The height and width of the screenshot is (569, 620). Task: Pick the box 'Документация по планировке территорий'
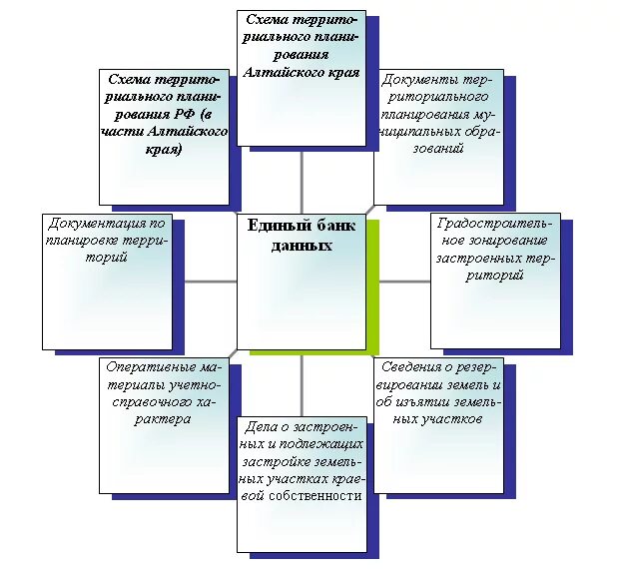click(x=105, y=281)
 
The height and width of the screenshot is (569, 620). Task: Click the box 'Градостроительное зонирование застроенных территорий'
click(x=494, y=280)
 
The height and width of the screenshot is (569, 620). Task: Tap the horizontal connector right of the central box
click(x=404, y=281)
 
